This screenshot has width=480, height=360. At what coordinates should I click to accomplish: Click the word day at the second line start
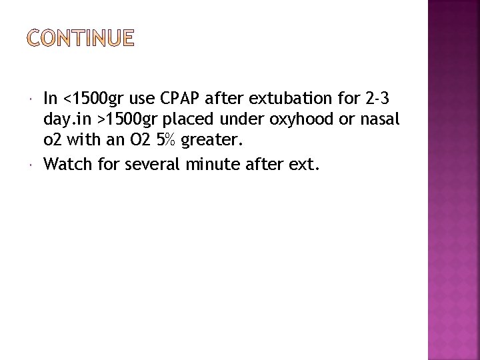[57, 120]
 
